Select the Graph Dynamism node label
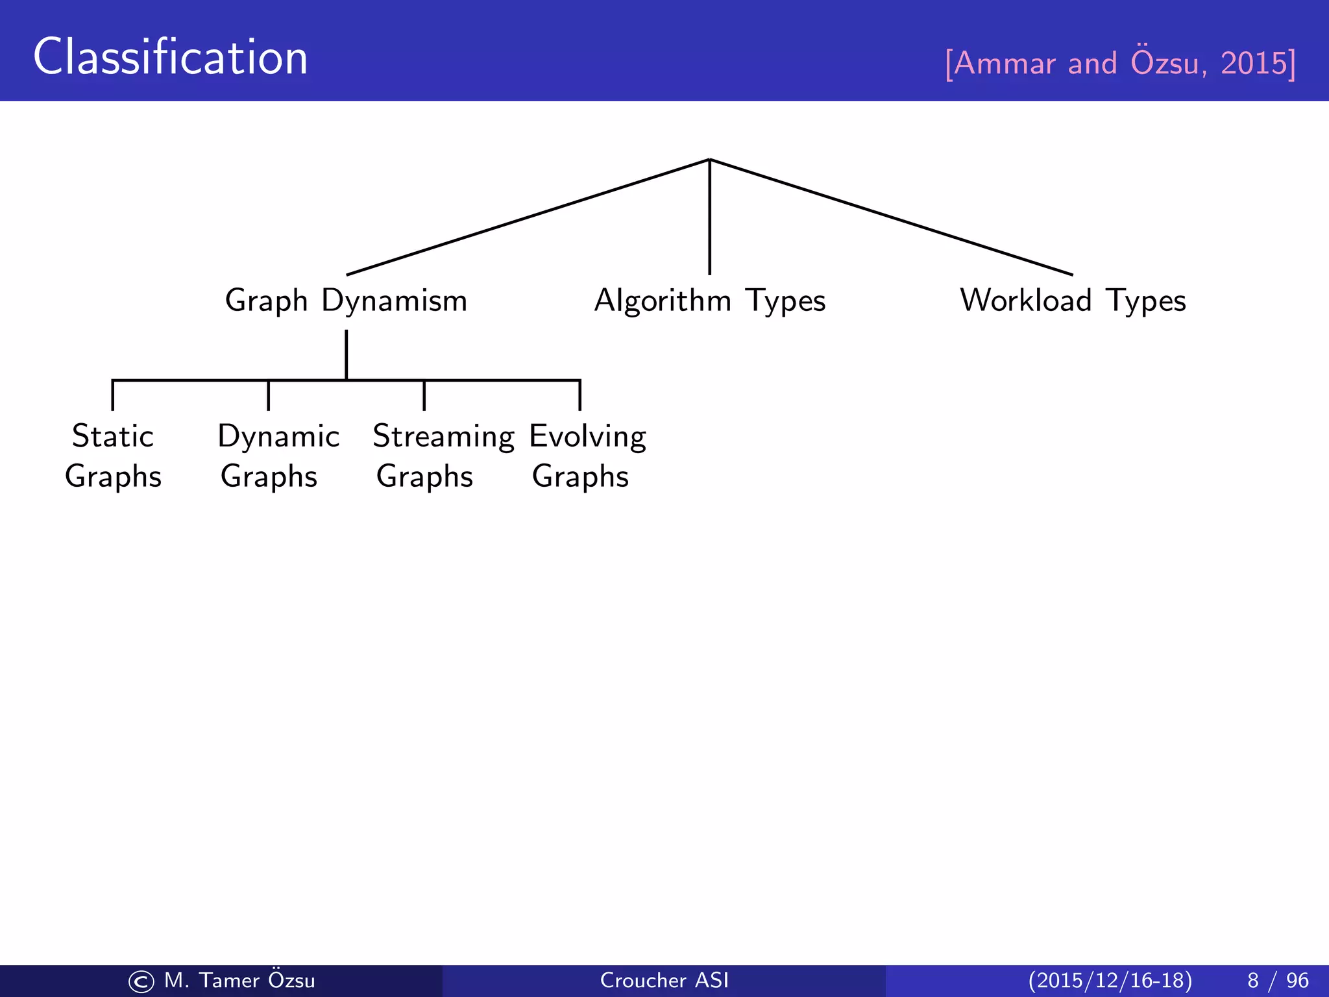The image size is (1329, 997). click(x=346, y=301)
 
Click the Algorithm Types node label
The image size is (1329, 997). click(x=709, y=301)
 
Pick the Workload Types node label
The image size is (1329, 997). click(x=1073, y=301)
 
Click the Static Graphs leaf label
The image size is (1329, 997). click(x=113, y=456)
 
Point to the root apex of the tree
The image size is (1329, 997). click(x=709, y=160)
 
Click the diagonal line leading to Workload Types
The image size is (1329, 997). click(x=891, y=217)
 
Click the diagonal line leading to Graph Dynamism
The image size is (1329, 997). click(x=528, y=217)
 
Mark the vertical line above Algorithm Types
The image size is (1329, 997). click(x=709, y=217)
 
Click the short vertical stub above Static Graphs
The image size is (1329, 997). click(x=113, y=396)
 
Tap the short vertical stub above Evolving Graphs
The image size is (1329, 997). click(x=579, y=396)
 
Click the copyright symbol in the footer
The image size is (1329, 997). click(x=141, y=981)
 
